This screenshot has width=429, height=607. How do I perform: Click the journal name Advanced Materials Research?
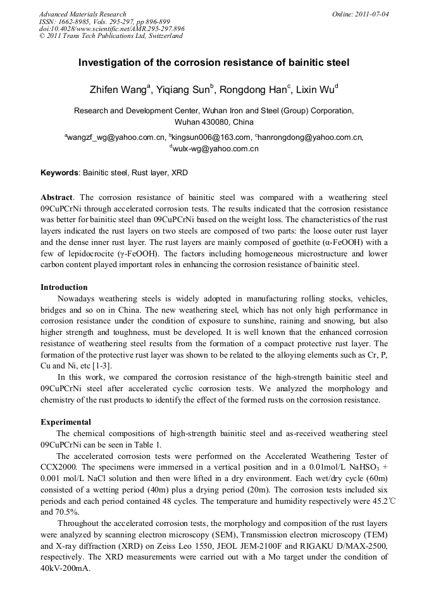pos(82,14)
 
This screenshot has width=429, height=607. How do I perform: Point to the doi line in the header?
pos(111,28)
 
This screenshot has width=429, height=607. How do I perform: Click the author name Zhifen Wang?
pos(119,90)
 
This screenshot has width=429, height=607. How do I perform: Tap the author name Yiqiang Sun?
pos(183,90)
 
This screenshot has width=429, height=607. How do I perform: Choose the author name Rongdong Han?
pos(254,90)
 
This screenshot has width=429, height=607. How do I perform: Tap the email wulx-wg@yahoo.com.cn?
pos(216,149)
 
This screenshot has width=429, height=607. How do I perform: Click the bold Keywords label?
pos(60,172)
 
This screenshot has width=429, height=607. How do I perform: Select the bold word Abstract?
pos(56,197)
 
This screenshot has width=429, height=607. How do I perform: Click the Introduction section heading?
pos(64,287)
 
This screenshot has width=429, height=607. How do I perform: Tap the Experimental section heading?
pos(66,422)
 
